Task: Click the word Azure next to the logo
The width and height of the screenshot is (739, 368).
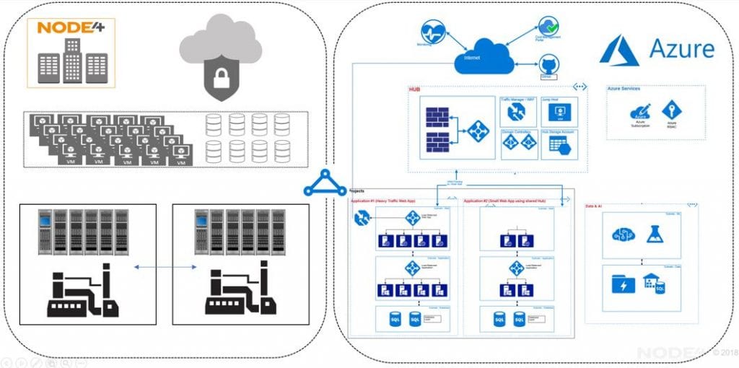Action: click(681, 49)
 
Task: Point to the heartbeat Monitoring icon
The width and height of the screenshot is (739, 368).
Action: click(432, 31)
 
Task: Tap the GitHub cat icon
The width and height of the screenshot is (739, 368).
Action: click(547, 64)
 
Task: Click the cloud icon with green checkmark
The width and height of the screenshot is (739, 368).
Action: click(548, 27)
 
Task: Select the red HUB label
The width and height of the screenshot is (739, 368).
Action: click(415, 89)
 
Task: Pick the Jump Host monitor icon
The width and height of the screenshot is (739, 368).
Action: click(557, 113)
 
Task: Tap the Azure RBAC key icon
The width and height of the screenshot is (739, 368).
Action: click(671, 110)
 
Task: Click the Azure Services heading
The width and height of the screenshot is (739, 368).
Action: click(624, 89)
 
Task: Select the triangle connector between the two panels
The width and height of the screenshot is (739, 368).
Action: click(324, 183)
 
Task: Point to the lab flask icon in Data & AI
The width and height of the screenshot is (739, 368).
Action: click(655, 234)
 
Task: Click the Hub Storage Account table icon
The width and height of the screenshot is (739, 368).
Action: click(558, 145)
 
